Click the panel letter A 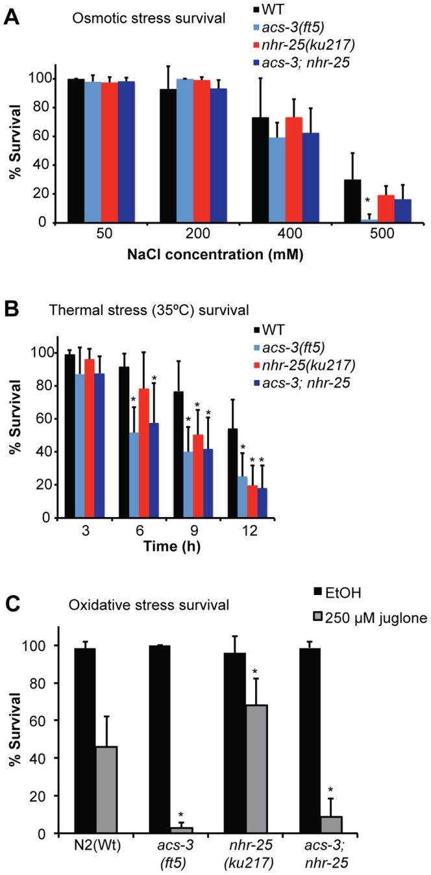11,16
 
